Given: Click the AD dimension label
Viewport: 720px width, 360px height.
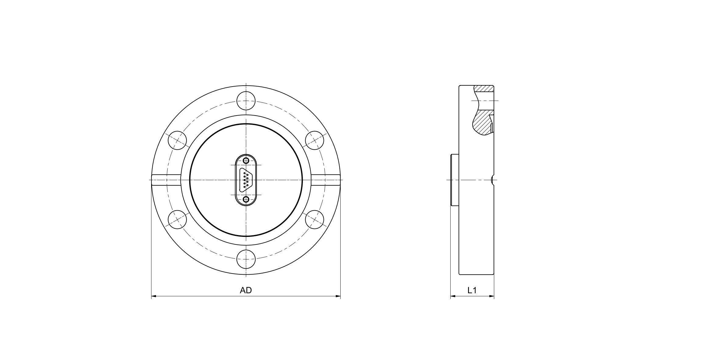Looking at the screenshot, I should tap(246, 290).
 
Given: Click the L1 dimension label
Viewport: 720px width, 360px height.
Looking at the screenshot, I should tap(472, 290).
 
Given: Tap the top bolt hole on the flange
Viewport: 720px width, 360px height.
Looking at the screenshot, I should tap(246, 101).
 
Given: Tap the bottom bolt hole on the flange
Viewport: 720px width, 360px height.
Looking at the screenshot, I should tap(246, 259).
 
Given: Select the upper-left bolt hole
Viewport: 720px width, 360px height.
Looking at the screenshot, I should tap(177, 140).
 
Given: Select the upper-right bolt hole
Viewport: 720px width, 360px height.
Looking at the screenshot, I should tap(314, 140).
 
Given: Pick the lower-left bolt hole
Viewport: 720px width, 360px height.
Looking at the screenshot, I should tap(177, 219).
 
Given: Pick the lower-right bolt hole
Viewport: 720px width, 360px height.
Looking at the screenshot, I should tap(314, 219).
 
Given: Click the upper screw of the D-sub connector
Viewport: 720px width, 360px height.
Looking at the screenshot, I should tap(246, 160).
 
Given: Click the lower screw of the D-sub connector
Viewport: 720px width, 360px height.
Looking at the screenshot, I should tap(246, 200).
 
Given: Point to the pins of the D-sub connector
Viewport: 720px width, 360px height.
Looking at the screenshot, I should tap(246, 180).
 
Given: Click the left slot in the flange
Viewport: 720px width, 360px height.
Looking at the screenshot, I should tap(166, 180).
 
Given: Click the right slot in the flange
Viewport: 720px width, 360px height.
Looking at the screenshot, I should tap(325, 180).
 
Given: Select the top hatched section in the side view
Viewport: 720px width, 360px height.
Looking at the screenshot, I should tap(484, 89).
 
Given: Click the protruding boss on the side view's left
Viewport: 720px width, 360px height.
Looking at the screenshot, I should tap(455, 180).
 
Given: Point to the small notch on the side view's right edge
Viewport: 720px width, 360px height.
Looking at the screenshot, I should tap(493, 180).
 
